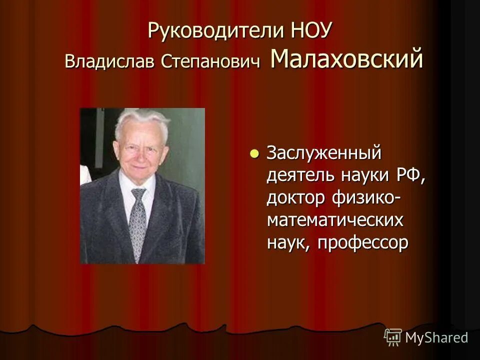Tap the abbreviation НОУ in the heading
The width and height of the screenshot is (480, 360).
(x=310, y=31)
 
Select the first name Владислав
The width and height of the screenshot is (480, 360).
(x=109, y=62)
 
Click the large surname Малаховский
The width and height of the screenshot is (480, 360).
(x=346, y=59)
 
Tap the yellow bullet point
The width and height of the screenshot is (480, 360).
(x=254, y=153)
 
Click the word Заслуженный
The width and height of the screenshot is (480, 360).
(x=324, y=153)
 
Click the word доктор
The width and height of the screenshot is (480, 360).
(x=294, y=198)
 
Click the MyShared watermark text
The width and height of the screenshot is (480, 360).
(x=436, y=337)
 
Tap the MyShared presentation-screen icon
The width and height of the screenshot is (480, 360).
(x=393, y=337)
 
